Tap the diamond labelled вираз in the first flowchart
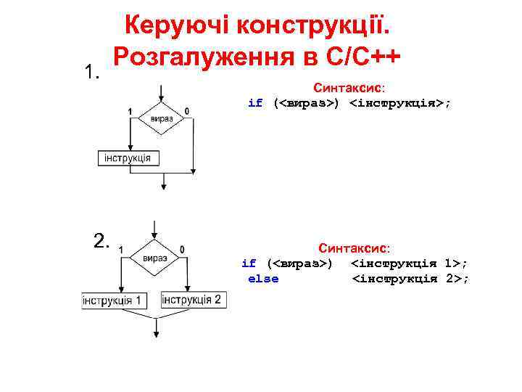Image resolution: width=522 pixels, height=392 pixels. [161, 118]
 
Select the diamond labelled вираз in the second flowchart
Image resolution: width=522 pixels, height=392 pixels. [155, 258]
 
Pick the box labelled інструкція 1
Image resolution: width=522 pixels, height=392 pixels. [115, 301]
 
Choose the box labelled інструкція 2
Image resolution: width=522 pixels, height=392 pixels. [191, 300]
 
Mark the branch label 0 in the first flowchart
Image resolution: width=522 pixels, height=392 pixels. [187, 110]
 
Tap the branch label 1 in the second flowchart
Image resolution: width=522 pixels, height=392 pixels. [120, 250]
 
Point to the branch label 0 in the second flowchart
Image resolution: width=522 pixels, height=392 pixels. [182, 250]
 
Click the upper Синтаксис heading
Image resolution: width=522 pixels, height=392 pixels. [344, 87]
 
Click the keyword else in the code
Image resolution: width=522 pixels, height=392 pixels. [263, 279]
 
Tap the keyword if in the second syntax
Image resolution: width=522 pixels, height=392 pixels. [249, 263]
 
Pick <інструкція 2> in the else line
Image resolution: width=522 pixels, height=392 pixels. [410, 279]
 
